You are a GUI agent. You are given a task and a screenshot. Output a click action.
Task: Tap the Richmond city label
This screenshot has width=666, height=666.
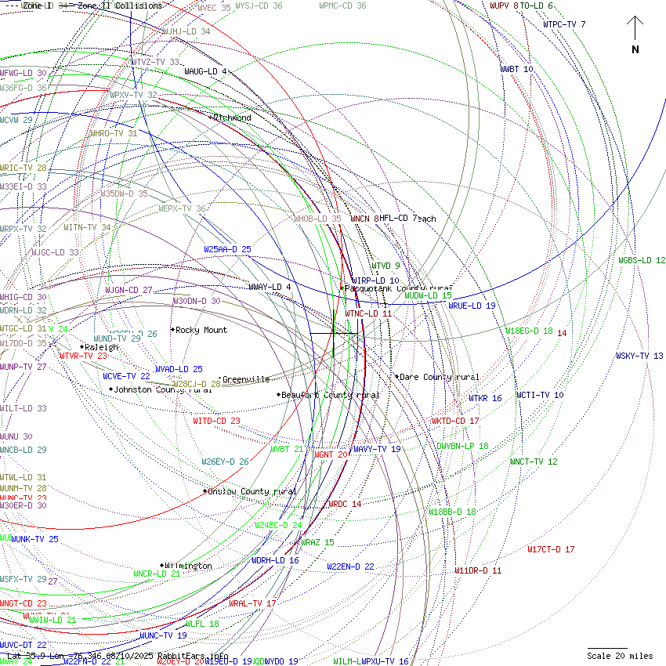(231, 118)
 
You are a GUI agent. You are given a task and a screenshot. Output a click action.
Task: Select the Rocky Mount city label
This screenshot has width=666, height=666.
(201, 330)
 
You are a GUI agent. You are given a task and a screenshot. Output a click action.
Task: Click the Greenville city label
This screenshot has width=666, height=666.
(245, 379)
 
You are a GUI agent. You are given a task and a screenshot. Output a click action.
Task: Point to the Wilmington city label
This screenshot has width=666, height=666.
(188, 566)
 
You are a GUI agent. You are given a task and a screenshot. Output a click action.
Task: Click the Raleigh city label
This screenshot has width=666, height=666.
(101, 347)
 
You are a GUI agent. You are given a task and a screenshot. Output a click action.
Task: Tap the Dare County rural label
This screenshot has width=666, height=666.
(439, 377)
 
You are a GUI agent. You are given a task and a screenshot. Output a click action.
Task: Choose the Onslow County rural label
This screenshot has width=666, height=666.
(252, 491)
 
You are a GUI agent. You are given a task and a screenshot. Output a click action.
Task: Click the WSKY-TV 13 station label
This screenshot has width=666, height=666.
(639, 356)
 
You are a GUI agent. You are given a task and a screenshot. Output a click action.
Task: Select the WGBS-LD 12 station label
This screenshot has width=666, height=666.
(642, 260)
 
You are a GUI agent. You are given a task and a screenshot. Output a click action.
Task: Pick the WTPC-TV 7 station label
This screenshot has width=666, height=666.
(564, 24)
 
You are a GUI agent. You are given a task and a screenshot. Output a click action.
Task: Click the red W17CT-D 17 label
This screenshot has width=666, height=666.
(551, 549)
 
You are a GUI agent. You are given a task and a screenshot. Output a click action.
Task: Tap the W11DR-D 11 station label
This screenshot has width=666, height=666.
(478, 570)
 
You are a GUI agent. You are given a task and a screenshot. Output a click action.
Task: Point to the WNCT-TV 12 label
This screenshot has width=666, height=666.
(534, 461)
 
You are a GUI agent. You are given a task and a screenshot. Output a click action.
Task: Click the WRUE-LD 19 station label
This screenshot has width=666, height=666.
(472, 306)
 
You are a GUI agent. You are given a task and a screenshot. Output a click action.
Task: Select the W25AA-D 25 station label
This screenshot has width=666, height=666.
(227, 249)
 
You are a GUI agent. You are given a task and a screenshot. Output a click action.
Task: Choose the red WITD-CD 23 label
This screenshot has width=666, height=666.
(216, 421)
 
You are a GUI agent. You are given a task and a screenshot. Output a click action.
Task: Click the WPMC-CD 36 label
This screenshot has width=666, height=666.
(342, 5)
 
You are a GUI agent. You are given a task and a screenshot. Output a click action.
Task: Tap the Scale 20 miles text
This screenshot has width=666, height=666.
(620, 656)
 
